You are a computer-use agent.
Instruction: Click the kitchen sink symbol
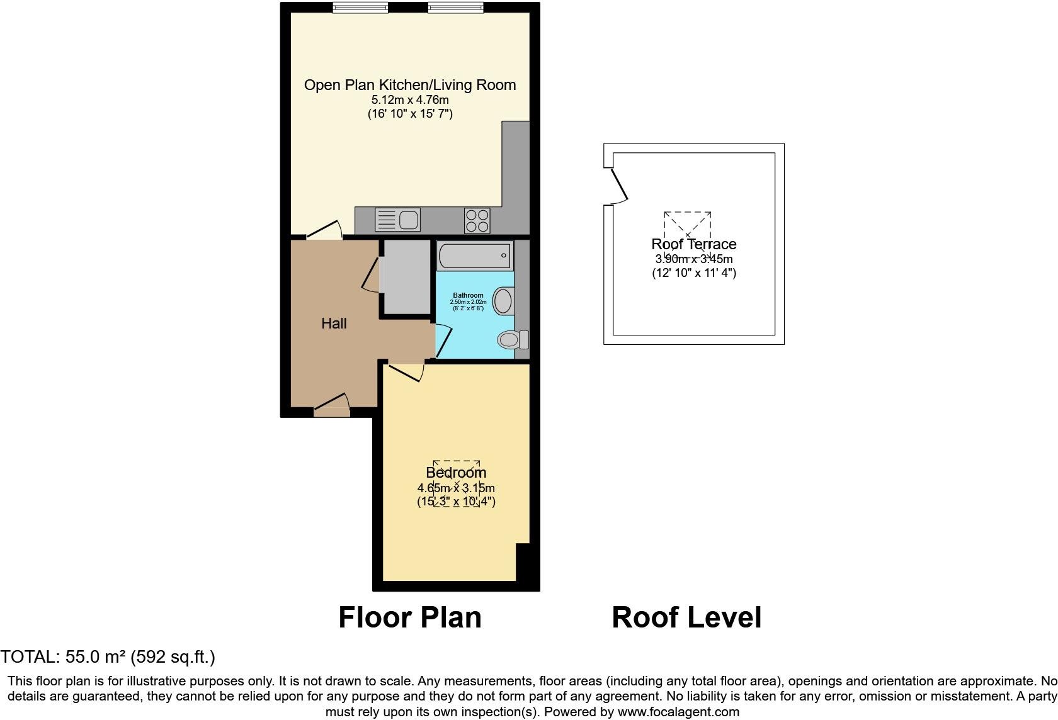[397, 220]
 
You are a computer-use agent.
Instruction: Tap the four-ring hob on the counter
[477, 220]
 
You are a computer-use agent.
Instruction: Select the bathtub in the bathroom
[475, 256]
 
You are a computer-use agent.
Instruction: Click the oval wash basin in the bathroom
[504, 301]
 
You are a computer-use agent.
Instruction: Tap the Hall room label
[334, 323]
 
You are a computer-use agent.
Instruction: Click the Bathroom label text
[468, 295]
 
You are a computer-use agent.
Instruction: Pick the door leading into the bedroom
[406, 371]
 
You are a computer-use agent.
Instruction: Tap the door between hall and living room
[324, 230]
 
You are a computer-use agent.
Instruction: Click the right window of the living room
[455, 8]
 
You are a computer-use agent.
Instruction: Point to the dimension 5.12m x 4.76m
[410, 99]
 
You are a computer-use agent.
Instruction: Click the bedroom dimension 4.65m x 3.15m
[456, 488]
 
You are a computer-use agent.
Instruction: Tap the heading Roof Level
[686, 617]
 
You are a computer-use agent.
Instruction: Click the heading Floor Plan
[410, 617]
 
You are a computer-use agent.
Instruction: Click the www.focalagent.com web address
[678, 712]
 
